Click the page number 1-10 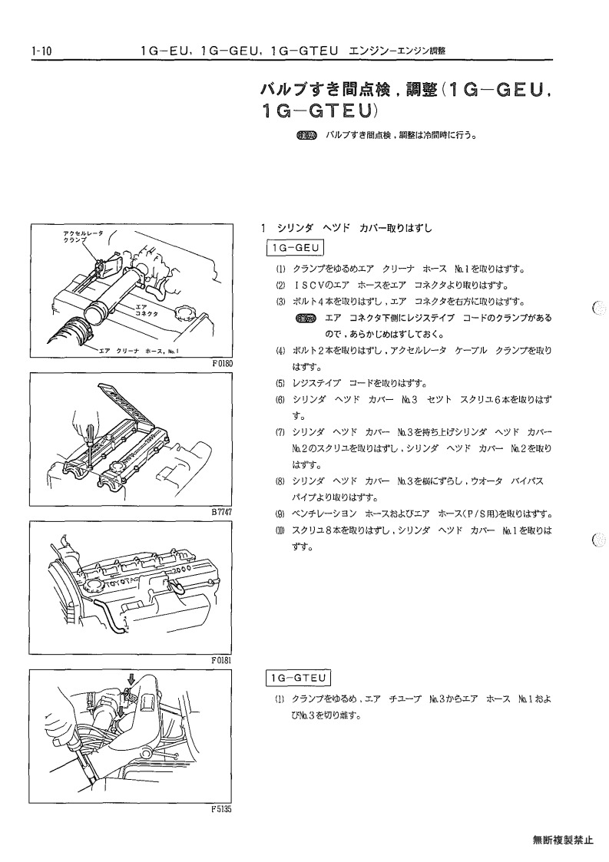tap(41, 51)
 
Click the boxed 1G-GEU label tap(295, 248)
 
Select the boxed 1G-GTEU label tap(298, 679)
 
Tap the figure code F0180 tap(222, 363)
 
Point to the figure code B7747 tap(222, 512)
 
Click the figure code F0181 tap(222, 660)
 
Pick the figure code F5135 tap(222, 809)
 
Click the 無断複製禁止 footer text tap(563, 840)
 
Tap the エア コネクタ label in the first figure tap(146, 310)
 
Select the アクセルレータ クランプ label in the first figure tap(82, 237)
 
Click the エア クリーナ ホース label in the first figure tap(139, 350)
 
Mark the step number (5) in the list tap(280, 384)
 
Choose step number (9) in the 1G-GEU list tap(280, 514)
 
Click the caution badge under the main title tap(307, 135)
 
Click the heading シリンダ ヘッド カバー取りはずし tap(355, 228)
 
